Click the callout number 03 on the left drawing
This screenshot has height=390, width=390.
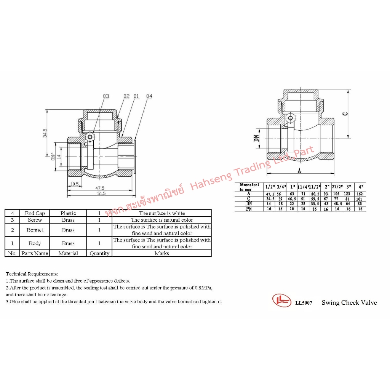click(x=106, y=96)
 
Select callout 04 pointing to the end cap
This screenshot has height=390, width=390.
click(x=149, y=96)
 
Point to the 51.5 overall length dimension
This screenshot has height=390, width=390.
click(x=101, y=193)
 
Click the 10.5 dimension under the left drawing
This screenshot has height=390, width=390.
click(x=74, y=184)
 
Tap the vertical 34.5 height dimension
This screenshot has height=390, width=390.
click(x=45, y=133)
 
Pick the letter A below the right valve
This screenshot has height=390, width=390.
click(x=299, y=171)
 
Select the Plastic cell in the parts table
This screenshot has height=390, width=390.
click(x=68, y=213)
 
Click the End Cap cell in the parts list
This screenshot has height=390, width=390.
click(x=35, y=213)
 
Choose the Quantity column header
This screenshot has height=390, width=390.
click(x=99, y=253)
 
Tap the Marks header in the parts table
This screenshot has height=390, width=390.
click(x=161, y=253)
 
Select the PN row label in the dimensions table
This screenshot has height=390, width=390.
click(x=249, y=209)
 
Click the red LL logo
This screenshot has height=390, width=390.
click(x=282, y=300)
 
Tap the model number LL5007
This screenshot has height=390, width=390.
click(x=304, y=303)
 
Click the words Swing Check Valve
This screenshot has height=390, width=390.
click(x=349, y=302)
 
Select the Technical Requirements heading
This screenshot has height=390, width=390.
click(x=32, y=274)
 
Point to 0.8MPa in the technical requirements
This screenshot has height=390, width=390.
click(x=203, y=288)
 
